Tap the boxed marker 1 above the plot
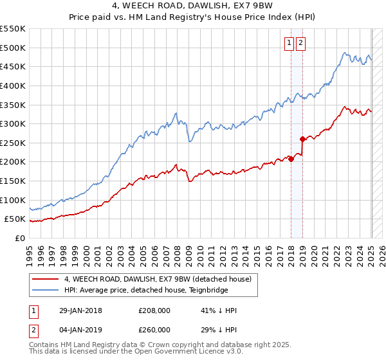tap(289, 43)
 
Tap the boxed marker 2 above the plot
tap(300, 43)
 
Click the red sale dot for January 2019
tap(302, 139)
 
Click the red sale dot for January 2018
tap(291, 159)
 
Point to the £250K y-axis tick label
tap(14, 143)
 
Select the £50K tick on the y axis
tap(16, 219)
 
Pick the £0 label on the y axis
tap(21, 239)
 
